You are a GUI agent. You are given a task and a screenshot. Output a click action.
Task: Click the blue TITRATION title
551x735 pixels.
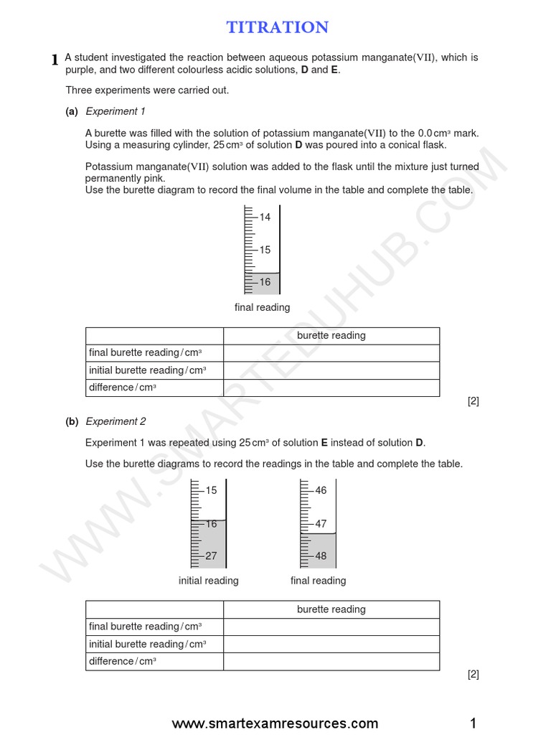point(278,27)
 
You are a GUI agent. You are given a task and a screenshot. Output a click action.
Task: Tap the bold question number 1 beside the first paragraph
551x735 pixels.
point(55,60)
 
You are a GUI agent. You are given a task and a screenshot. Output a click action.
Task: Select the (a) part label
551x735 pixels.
point(72,111)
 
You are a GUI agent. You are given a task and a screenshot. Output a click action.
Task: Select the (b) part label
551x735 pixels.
point(72,421)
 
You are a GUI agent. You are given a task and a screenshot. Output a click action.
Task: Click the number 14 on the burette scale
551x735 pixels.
point(265,217)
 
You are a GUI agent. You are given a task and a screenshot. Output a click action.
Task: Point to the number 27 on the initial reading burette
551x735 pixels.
point(211,556)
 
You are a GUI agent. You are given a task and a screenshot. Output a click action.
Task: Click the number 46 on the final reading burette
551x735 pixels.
point(321,490)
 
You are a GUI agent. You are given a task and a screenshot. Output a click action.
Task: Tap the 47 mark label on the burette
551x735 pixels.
point(321,524)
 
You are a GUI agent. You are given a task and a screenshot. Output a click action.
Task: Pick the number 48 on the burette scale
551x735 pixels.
point(321,556)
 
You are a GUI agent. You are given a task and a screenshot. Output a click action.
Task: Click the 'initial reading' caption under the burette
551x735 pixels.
point(208,581)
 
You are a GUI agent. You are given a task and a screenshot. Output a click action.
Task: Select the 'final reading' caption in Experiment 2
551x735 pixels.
point(318,581)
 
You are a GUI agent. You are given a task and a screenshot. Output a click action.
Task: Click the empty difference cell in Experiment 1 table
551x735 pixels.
point(331,388)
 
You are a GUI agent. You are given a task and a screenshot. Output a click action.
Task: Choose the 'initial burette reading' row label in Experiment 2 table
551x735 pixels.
point(147,644)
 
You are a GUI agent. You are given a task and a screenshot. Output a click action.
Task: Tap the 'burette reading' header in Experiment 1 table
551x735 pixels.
point(331,335)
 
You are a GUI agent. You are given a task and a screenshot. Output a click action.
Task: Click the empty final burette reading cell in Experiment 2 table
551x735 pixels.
point(331,627)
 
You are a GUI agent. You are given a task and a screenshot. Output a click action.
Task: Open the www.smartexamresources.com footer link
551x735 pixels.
point(275,723)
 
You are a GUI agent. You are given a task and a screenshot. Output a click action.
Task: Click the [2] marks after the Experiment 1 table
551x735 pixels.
point(473,401)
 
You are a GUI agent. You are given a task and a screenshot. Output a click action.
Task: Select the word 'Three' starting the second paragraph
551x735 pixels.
point(78,90)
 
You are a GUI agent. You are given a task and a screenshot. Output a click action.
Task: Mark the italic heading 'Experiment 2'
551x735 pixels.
point(116,421)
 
